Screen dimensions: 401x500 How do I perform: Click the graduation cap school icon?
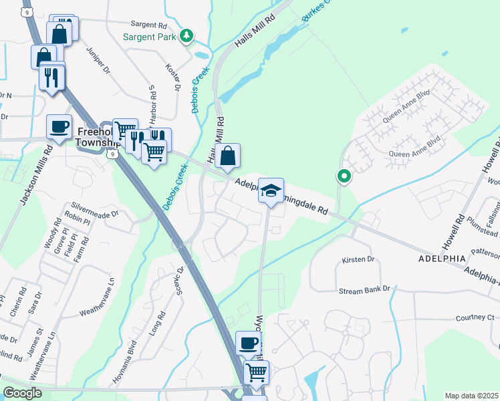pos(271,190)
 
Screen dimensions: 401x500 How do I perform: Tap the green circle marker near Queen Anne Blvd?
pos(344,176)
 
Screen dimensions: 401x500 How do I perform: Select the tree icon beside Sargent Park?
pos(189,35)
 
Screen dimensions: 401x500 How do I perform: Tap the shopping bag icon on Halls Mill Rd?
pos(227,156)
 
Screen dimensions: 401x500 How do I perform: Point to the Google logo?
pos(22,393)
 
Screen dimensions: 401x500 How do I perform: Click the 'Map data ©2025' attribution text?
pos(471,396)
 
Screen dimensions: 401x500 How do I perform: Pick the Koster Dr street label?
pos(172,78)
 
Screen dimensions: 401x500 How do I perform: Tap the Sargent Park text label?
pos(150,36)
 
